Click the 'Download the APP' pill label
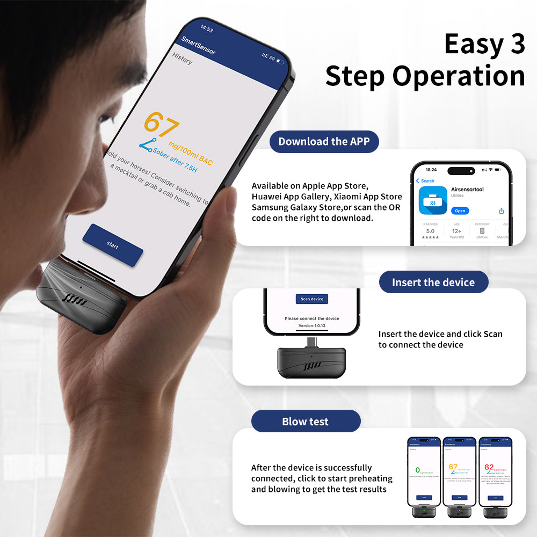click(x=324, y=142)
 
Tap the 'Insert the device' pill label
click(x=433, y=282)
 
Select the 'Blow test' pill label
click(x=305, y=422)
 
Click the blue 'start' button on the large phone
click(x=113, y=245)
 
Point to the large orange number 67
click(x=161, y=124)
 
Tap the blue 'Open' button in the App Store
click(x=460, y=211)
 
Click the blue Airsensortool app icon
click(x=432, y=201)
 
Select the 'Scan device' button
click(x=311, y=299)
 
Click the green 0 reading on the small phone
click(x=418, y=469)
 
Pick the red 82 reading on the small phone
click(x=489, y=467)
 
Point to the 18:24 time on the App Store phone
click(x=431, y=170)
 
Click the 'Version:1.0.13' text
click(x=311, y=325)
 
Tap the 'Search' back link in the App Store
click(x=426, y=181)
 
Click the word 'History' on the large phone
click(x=182, y=59)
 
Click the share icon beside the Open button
click(x=501, y=211)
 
